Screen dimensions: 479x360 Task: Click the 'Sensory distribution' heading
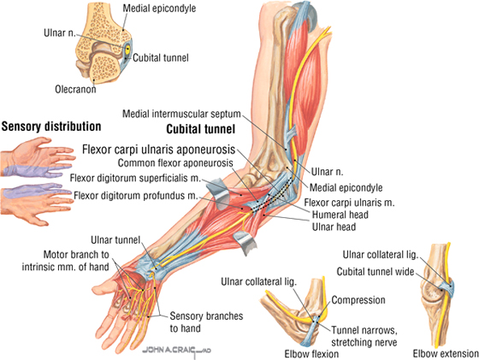click(51, 127)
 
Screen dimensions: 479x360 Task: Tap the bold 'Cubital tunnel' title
click(201, 129)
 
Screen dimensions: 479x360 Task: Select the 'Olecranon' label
click(75, 89)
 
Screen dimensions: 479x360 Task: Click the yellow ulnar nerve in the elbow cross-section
click(127, 49)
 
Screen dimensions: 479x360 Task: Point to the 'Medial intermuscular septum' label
click(181, 114)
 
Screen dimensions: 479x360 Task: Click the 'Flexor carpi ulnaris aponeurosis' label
click(159, 150)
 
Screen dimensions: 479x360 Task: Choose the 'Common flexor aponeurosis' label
click(175, 163)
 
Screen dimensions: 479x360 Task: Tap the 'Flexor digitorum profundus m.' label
click(136, 196)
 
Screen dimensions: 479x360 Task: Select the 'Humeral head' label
click(340, 215)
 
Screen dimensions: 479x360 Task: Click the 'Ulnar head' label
click(334, 227)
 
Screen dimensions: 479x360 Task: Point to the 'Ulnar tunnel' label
click(115, 240)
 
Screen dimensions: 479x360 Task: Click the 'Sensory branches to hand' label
click(206, 322)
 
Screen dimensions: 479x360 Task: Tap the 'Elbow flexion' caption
click(311, 354)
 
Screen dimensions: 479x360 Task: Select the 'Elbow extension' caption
click(446, 354)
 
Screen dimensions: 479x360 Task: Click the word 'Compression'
click(358, 300)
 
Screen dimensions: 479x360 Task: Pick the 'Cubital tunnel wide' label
click(376, 271)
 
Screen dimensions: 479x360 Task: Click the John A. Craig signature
click(177, 351)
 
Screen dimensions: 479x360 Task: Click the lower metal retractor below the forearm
click(244, 241)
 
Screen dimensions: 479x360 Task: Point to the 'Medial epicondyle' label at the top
click(159, 8)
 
